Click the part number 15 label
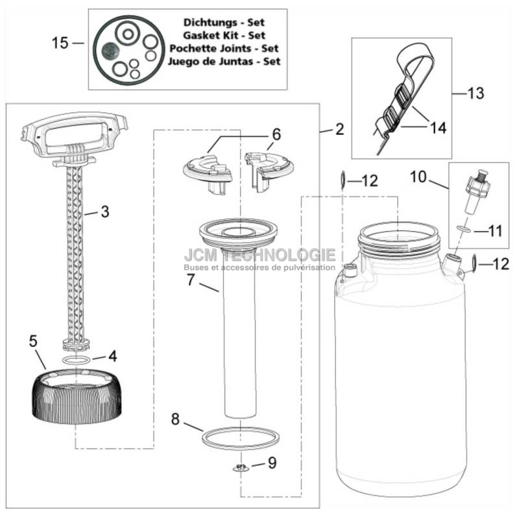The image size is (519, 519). point(60,43)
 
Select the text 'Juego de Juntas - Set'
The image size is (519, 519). point(224,62)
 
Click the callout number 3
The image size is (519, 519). point(105,211)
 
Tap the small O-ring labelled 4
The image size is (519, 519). point(76,359)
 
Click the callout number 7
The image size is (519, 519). point(190,280)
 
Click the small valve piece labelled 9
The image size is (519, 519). point(241,468)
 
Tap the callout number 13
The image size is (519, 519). point(476,93)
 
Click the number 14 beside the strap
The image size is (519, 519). point(438,127)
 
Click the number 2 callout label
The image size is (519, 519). point(339,129)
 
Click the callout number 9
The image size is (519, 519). point(272,463)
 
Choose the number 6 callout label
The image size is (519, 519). point(276,134)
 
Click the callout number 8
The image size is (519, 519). point(175,419)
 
